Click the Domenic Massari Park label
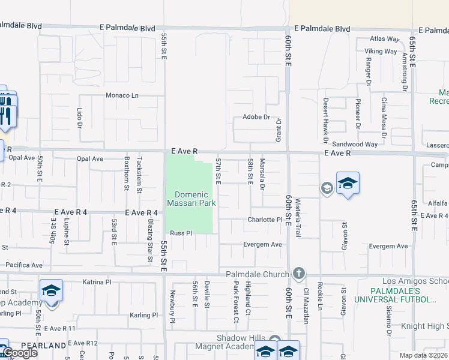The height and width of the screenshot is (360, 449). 191,199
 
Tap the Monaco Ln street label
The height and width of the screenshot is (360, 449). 122,95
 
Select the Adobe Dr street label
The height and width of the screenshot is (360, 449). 256,117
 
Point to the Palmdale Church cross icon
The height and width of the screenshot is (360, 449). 299,274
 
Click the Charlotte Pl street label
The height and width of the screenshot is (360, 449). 265,220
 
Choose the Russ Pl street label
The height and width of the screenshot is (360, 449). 181,233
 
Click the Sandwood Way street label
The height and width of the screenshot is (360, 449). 355,144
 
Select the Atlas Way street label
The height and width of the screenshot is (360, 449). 385,39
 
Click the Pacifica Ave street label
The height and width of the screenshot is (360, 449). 24,265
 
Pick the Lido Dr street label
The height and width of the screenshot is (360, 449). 79,118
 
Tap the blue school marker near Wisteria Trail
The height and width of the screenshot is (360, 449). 348,183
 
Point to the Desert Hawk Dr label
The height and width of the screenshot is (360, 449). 325,121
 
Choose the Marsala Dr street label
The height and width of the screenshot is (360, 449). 262,173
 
